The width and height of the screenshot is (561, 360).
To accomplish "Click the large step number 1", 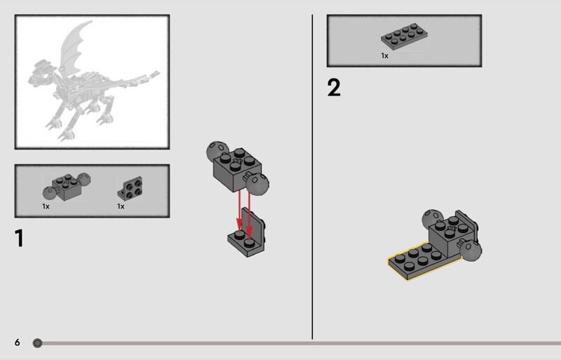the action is click(x=20, y=238).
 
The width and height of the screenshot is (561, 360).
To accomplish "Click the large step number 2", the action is click(x=334, y=88).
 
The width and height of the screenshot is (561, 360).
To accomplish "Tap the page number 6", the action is click(x=17, y=342).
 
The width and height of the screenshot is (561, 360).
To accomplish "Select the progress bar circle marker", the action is click(x=37, y=343).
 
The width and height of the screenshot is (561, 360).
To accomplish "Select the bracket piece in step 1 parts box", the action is click(x=130, y=188).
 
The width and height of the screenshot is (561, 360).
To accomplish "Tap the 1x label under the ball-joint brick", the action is click(x=46, y=206).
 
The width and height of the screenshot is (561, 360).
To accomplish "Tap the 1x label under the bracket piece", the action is click(x=121, y=206).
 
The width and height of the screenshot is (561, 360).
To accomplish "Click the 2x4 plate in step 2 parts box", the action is click(x=404, y=36).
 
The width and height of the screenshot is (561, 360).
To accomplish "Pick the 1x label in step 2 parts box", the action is click(x=384, y=55).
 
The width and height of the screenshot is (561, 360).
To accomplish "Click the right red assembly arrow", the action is click(x=250, y=214).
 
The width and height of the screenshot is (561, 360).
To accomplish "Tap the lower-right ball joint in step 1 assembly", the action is click(x=257, y=184).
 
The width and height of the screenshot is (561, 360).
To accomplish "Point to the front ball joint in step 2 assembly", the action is click(x=471, y=250).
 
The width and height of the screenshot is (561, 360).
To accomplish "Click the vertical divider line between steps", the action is click(x=312, y=177).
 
